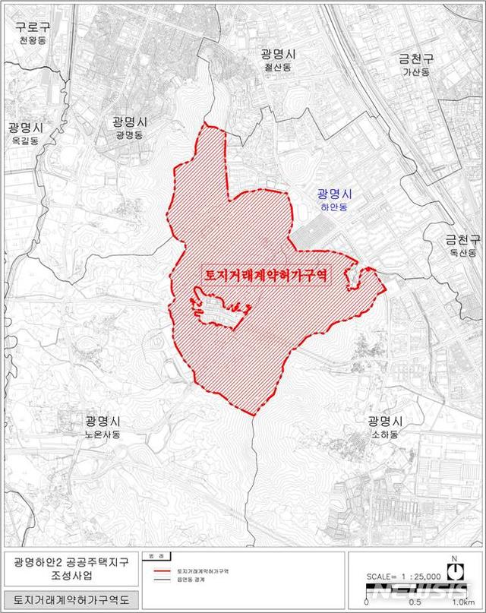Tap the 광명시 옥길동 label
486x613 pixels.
(x=26, y=133)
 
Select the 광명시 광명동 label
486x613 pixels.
(x=129, y=127)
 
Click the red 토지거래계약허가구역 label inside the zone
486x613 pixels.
(x=265, y=275)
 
